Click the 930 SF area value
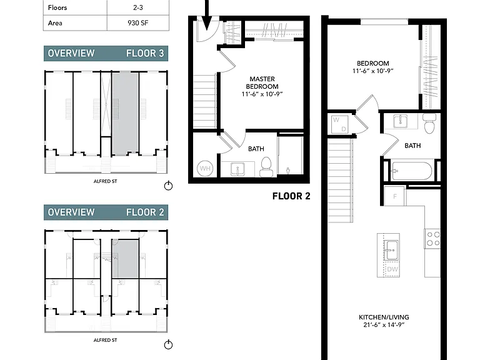[137, 23]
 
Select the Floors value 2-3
[137, 7]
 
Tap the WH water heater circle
[205, 168]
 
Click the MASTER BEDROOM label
[262, 82]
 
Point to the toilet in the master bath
[266, 167]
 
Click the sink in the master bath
[237, 169]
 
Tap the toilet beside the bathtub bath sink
[429, 123]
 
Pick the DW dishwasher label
[392, 269]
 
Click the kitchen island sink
[391, 250]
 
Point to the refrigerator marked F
[395, 196]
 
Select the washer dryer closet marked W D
[340, 124]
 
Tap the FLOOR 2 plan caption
[291, 196]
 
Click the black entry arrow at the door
[207, 15]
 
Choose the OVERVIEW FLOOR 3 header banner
[106, 53]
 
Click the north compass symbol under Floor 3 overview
[168, 186]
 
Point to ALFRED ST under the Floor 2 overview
[105, 340]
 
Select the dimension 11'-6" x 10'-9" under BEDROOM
[373, 71]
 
